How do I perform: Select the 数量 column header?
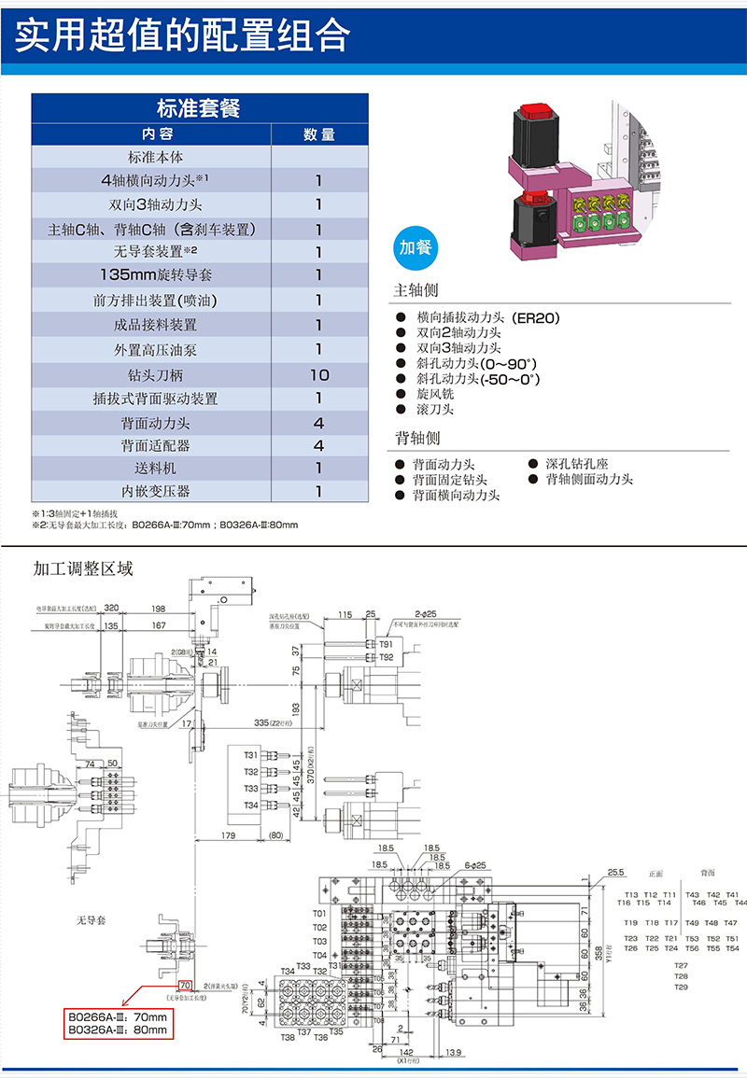tap(318, 134)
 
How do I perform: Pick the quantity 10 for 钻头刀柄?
tap(318, 374)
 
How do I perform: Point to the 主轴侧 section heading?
tap(416, 290)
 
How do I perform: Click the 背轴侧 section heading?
tap(416, 438)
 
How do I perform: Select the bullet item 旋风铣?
tap(435, 395)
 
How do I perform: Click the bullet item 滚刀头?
tap(435, 410)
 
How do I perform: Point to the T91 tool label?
tap(386, 644)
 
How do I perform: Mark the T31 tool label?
tap(251, 755)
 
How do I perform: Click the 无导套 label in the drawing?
tap(92, 920)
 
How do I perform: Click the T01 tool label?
tap(319, 913)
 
